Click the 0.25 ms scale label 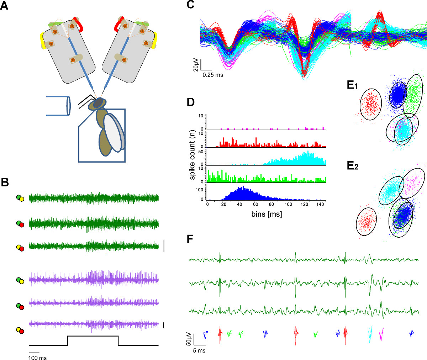[213, 75]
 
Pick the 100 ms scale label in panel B [37, 358]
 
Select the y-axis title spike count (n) [193, 155]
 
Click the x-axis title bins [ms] [267, 214]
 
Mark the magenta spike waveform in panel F [381, 334]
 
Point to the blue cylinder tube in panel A [59, 106]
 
